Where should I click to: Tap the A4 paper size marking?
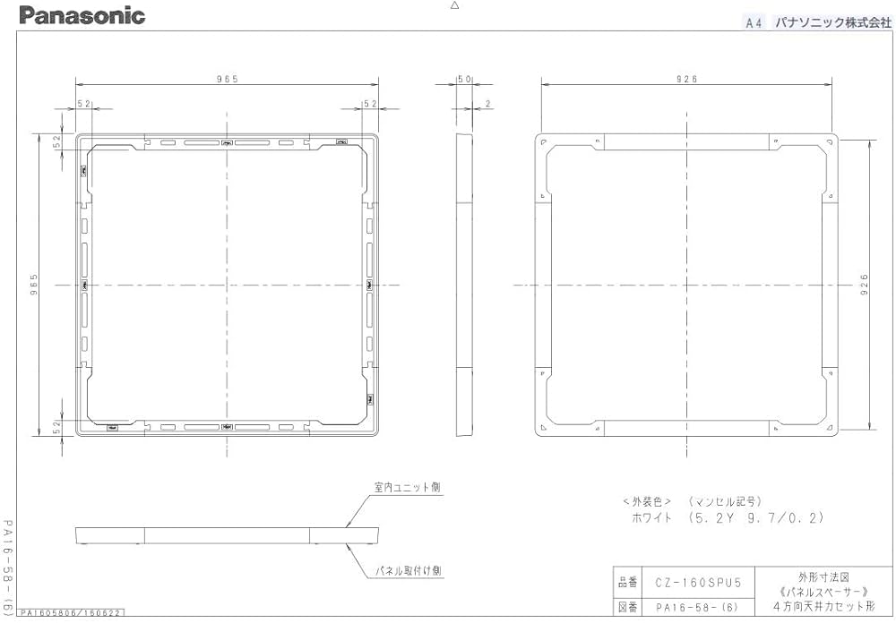(x=754, y=24)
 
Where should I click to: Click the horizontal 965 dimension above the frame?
(x=227, y=80)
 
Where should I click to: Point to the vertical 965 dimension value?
(x=34, y=285)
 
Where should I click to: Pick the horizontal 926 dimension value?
(x=687, y=80)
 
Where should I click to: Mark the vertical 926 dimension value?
(x=865, y=285)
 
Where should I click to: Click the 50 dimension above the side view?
(x=464, y=80)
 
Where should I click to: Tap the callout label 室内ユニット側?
(x=407, y=488)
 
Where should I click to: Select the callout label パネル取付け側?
(x=407, y=569)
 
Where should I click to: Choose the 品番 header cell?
(x=627, y=583)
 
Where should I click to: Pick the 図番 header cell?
(x=627, y=606)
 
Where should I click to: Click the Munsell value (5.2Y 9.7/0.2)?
(x=754, y=517)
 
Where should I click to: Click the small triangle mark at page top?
(x=454, y=5)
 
